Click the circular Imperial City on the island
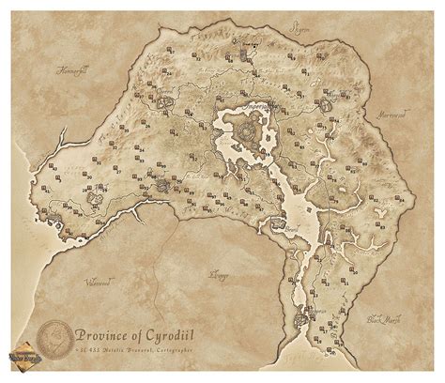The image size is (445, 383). coord(250,130)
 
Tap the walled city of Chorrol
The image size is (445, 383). coord(166,97)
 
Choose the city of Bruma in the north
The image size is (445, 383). coord(251,52)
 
